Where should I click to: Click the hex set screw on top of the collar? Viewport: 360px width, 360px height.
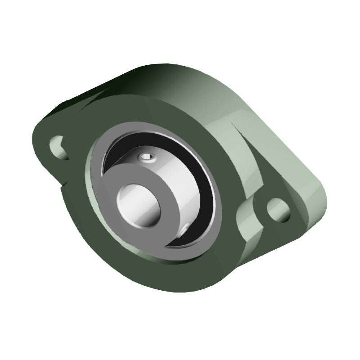point(147,157)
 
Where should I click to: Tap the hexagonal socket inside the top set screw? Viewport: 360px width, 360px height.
point(148,157)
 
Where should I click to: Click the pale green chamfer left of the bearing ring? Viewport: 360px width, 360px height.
point(90,180)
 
